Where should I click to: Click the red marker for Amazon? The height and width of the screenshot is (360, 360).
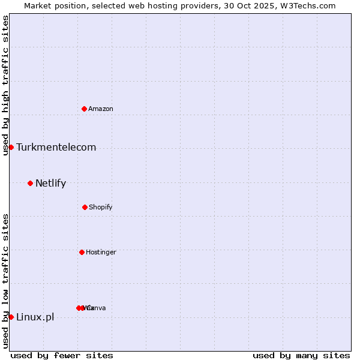[84, 109]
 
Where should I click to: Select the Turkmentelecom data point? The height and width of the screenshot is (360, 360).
[11, 147]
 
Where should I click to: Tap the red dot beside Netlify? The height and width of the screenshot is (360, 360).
[30, 183]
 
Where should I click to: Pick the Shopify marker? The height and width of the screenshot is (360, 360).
[85, 207]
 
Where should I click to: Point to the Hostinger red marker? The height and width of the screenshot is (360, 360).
[82, 252]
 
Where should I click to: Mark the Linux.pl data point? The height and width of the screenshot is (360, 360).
[11, 317]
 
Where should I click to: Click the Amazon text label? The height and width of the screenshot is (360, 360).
[101, 109]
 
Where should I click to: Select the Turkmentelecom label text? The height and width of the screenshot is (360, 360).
[56, 148]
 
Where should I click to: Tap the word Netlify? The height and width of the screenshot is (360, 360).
[50, 184]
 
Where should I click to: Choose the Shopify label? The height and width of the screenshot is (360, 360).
[101, 207]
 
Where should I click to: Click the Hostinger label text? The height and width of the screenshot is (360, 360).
[101, 252]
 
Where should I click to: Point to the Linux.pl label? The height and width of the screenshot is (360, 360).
[35, 317]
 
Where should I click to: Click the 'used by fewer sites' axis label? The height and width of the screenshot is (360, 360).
[62, 355]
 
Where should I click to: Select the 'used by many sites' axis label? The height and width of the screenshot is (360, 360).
[301, 355]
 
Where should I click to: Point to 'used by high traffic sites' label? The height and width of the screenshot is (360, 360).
[5, 86]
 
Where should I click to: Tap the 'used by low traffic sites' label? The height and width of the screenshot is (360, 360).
[5, 281]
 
